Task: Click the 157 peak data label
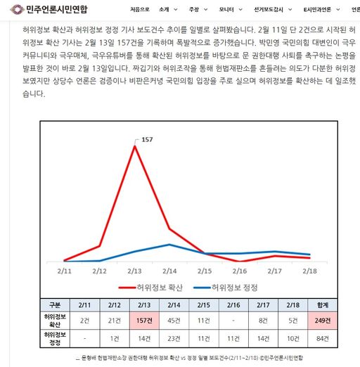pyautogui.click(x=147, y=140)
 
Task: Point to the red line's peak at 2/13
pyautogui.click(x=135, y=146)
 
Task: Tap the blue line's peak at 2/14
pyautogui.click(x=169, y=245)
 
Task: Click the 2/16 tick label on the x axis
pyautogui.click(x=240, y=271)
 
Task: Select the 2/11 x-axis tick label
pyautogui.click(x=65, y=271)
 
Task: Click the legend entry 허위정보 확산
pyautogui.click(x=150, y=288)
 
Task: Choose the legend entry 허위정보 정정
pyautogui.click(x=226, y=288)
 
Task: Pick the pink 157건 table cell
pyautogui.click(x=144, y=321)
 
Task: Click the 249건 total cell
pyautogui.click(x=323, y=321)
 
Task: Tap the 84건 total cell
pyautogui.click(x=323, y=338)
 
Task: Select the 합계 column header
pyautogui.click(x=323, y=305)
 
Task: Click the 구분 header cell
pyautogui.click(x=55, y=305)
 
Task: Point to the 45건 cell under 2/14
pyautogui.click(x=174, y=321)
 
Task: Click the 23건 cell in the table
pyautogui.click(x=174, y=338)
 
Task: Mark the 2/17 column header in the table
pyautogui.click(x=263, y=305)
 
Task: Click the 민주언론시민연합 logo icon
pyautogui.click(x=17, y=10)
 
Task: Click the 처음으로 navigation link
pyautogui.click(x=140, y=10)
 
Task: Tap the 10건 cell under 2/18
pyautogui.click(x=293, y=338)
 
